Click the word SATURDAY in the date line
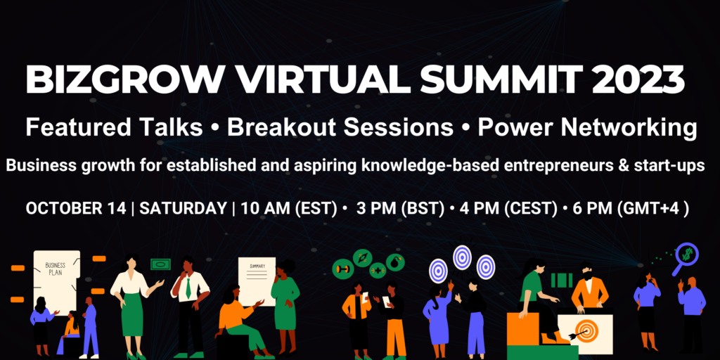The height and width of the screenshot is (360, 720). pos(183,208)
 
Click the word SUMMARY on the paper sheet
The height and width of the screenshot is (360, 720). pos(257,266)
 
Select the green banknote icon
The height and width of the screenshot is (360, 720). pos(160,264)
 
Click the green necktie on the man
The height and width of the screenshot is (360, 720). pos(188,286)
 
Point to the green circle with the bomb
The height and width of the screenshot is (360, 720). pos(395,263)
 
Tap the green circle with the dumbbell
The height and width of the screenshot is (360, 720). pos(342,269)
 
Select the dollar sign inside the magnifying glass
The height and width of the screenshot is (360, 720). pos(688,253)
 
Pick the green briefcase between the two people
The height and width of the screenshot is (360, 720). pos(562,280)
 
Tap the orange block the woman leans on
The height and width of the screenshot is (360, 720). pos(522,330)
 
